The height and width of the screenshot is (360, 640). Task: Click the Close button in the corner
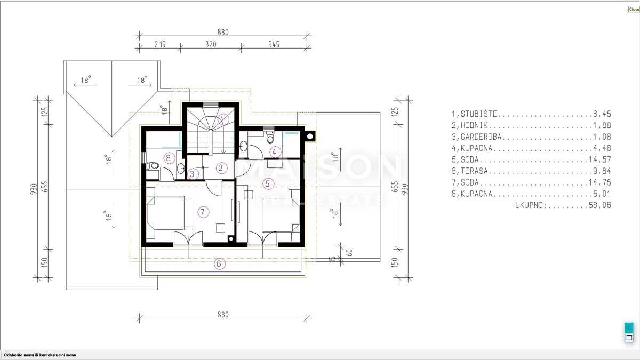click(x=634, y=9)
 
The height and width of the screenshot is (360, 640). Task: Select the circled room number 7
click(x=203, y=212)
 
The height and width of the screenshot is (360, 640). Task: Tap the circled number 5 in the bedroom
click(x=268, y=183)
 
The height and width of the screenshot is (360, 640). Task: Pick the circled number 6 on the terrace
click(x=219, y=263)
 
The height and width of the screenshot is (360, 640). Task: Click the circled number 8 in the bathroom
click(x=169, y=158)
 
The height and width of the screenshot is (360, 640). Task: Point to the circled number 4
click(x=275, y=152)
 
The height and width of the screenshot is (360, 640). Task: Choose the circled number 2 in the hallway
click(x=221, y=168)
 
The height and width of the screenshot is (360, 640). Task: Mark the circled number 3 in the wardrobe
click(x=193, y=174)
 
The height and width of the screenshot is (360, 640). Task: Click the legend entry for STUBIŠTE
click(x=531, y=114)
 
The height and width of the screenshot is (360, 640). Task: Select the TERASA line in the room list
click(x=531, y=171)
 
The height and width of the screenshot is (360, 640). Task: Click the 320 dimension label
click(x=211, y=45)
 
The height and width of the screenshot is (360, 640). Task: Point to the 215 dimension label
click(x=160, y=45)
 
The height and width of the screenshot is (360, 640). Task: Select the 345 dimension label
click(x=274, y=45)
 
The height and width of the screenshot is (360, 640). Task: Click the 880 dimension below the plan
click(x=223, y=315)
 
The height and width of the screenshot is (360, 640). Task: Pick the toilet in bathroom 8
click(x=153, y=165)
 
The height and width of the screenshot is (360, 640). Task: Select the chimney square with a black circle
click(x=310, y=137)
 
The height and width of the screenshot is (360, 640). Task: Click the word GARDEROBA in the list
click(x=481, y=137)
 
